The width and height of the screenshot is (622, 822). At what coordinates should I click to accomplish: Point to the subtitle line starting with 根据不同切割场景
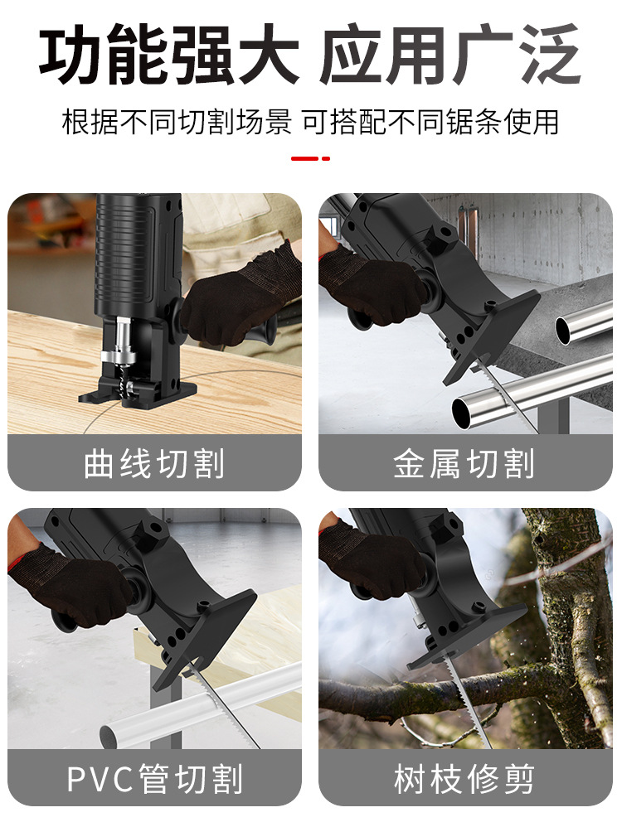(310, 122)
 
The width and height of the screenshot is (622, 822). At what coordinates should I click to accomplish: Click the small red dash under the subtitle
(310, 157)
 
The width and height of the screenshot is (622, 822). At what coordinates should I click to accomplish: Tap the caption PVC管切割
(154, 779)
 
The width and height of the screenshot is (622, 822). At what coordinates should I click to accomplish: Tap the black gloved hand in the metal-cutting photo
(373, 286)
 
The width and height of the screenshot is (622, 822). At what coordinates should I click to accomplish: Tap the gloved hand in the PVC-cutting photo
(75, 584)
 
